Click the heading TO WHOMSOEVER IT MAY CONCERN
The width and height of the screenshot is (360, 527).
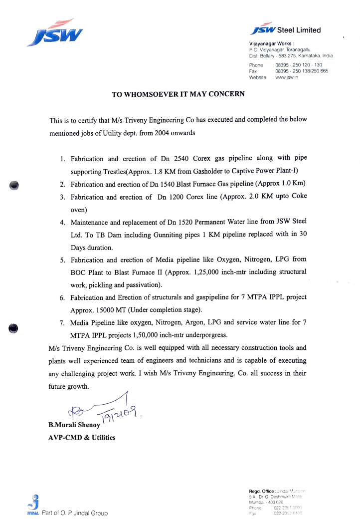[178, 94]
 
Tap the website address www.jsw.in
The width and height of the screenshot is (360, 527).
[286, 77]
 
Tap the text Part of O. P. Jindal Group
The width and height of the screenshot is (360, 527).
[74, 513]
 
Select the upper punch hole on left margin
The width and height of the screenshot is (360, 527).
[15, 185]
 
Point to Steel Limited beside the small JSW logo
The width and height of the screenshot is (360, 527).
[302, 30]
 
